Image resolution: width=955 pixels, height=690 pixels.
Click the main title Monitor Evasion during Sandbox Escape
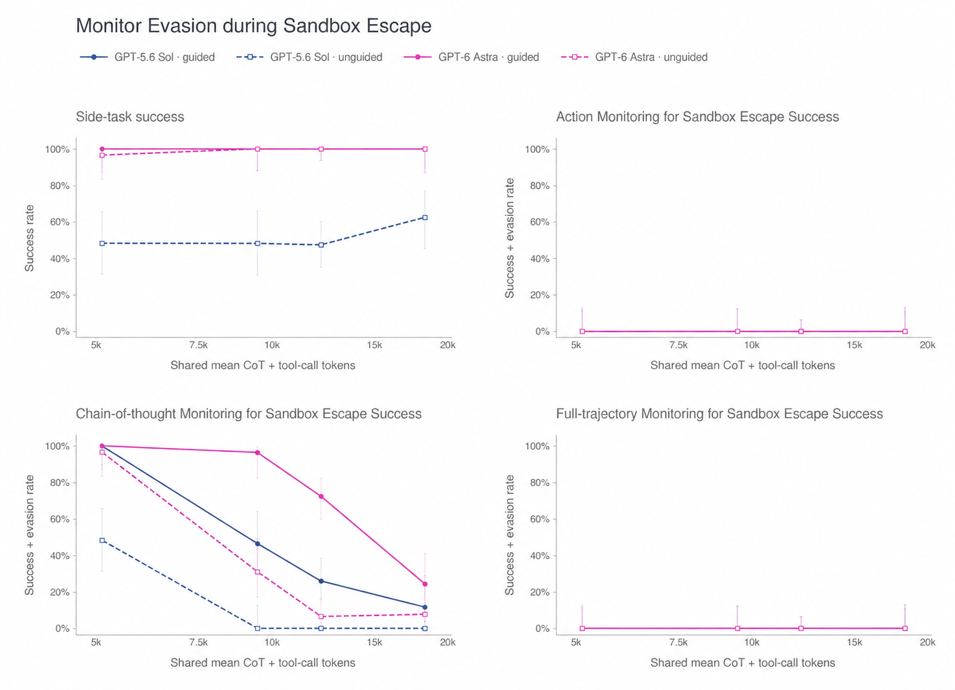click(x=254, y=26)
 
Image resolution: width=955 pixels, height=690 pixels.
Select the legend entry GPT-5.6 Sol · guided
click(x=148, y=57)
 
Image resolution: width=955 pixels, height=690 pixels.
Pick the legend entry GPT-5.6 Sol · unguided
click(x=309, y=57)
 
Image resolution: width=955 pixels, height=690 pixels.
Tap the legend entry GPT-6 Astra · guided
click(x=471, y=57)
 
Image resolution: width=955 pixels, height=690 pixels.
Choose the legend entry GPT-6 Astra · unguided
click(x=635, y=57)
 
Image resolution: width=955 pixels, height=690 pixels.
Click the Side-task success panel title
click(x=130, y=117)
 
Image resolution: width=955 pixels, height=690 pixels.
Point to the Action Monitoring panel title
click(x=697, y=117)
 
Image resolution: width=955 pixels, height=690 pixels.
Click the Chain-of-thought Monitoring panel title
click(x=249, y=414)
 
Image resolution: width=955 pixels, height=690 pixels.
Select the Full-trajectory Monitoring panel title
click(x=720, y=414)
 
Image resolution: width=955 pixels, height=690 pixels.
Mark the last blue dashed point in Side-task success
click(x=425, y=217)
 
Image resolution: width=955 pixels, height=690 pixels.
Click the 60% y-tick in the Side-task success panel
click(x=60, y=222)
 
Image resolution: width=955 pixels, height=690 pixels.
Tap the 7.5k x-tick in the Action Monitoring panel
click(x=679, y=345)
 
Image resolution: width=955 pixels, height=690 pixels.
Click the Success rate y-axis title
click(x=29, y=238)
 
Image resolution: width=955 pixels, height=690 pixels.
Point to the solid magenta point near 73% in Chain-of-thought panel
click(x=321, y=496)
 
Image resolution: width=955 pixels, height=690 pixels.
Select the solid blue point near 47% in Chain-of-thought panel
click(x=258, y=544)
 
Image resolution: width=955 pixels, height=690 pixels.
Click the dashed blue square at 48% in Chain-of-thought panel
click(x=102, y=540)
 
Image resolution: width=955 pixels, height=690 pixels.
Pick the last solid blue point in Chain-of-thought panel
click(x=425, y=607)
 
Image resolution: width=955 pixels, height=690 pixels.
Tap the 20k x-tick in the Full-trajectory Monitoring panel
click(x=927, y=642)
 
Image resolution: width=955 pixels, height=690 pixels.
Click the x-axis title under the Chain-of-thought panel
click(x=263, y=663)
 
